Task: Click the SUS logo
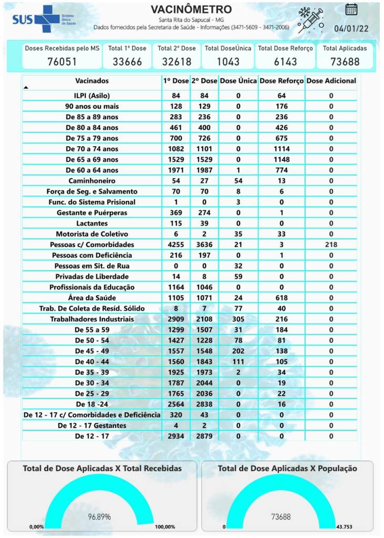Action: (x=36, y=19)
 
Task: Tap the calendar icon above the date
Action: (x=351, y=9)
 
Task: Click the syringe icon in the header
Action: (x=310, y=21)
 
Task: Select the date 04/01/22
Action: (x=352, y=29)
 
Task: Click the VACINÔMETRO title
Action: (x=191, y=10)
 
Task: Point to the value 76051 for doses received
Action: (x=62, y=62)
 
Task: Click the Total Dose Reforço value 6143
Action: (x=285, y=62)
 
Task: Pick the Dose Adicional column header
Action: (x=331, y=81)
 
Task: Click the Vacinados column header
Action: (x=92, y=81)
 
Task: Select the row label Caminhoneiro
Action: (x=92, y=181)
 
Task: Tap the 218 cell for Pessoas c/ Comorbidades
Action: (x=331, y=245)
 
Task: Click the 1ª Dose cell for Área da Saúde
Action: (x=176, y=298)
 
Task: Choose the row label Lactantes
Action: (x=92, y=224)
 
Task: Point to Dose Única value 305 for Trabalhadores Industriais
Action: (x=238, y=319)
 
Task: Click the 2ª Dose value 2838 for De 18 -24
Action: (x=204, y=404)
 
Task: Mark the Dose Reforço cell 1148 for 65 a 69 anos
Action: (x=282, y=159)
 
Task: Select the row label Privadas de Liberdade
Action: (x=92, y=277)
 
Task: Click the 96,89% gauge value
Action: (x=99, y=517)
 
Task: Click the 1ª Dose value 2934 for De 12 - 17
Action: (x=176, y=436)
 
